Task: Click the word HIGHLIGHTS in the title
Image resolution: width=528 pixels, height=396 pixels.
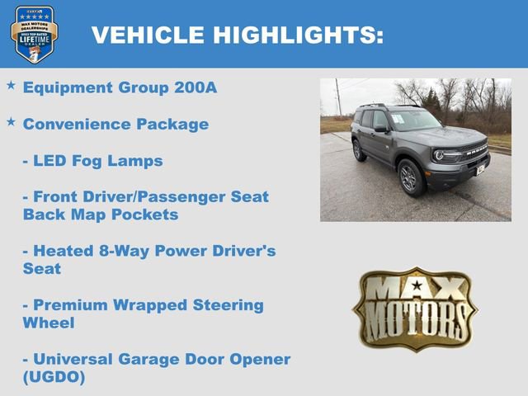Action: [298, 35]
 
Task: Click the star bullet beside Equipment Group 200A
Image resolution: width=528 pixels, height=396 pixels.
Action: [11, 86]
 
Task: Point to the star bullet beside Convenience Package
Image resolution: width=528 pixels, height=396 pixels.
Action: [11, 122]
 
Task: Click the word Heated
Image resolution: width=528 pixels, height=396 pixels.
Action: [62, 251]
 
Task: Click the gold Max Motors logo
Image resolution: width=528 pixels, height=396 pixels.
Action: [416, 308]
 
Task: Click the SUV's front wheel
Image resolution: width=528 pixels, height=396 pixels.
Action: [412, 177]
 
